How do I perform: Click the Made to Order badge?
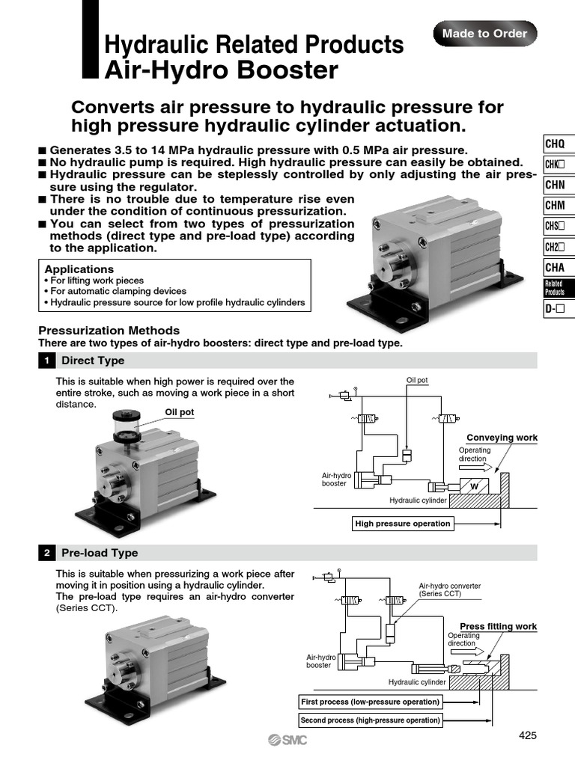[484, 34]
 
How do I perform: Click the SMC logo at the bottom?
[287, 740]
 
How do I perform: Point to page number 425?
[528, 735]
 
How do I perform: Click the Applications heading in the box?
[79, 269]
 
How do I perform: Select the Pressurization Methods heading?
[109, 331]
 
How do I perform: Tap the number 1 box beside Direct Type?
[46, 361]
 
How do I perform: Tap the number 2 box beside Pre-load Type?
[46, 553]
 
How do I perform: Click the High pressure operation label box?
[403, 524]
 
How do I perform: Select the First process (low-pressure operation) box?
[369, 702]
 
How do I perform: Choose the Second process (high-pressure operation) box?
[370, 720]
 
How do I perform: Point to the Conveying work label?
[502, 438]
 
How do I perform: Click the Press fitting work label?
[498, 626]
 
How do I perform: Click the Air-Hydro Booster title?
[221, 71]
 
